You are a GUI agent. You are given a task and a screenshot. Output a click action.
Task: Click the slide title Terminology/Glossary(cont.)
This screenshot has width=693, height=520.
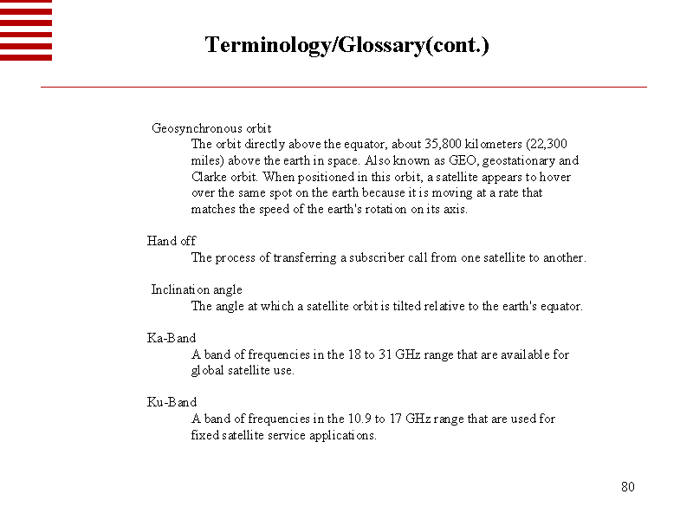346,45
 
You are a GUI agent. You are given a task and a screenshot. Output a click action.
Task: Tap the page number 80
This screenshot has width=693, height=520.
628,487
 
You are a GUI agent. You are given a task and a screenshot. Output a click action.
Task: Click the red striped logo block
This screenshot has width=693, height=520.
26,30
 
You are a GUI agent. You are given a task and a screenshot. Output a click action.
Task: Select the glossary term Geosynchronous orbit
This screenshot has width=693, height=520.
211,128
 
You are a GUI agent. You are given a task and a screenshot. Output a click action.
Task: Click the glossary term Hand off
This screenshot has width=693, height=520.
172,241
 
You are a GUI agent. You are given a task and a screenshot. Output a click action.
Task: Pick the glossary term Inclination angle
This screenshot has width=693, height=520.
197,289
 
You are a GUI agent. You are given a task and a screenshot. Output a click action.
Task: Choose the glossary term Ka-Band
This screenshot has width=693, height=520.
172,338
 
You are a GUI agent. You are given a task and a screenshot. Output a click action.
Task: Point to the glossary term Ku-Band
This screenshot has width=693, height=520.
172,402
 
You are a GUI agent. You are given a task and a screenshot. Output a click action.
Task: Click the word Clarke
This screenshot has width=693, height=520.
210,177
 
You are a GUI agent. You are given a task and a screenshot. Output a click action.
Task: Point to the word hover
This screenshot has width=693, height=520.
554,177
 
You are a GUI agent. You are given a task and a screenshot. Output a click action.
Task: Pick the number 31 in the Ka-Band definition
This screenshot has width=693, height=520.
386,354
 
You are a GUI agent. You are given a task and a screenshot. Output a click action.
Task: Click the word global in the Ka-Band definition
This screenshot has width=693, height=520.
209,370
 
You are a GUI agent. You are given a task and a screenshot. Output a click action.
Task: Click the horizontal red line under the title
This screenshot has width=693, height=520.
344,88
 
